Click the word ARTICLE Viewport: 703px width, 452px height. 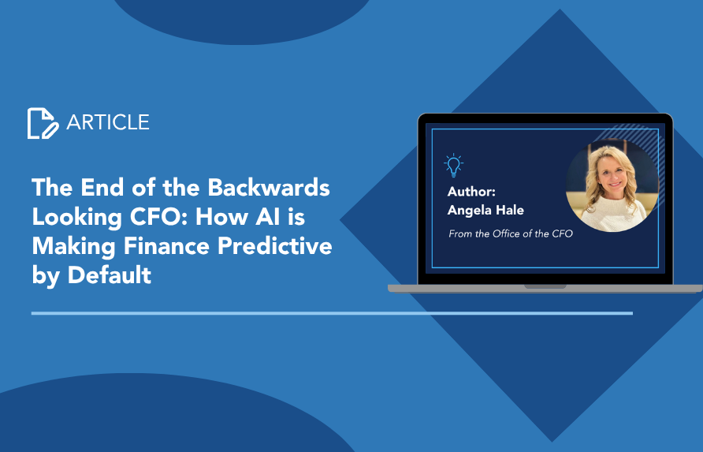coord(108,122)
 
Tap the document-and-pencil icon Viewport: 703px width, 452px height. coord(43,123)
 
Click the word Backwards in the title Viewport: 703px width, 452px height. coord(269,187)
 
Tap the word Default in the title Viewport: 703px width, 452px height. coord(110,275)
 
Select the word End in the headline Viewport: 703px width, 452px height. coord(102,187)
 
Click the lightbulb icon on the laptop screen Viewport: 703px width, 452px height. coord(453,165)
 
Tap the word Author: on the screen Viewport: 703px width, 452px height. coord(471,192)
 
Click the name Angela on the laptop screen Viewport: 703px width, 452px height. coord(469,211)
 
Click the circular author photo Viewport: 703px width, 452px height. coord(612,185)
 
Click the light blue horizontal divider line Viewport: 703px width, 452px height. coord(332,313)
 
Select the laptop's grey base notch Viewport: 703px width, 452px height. coord(545,286)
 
